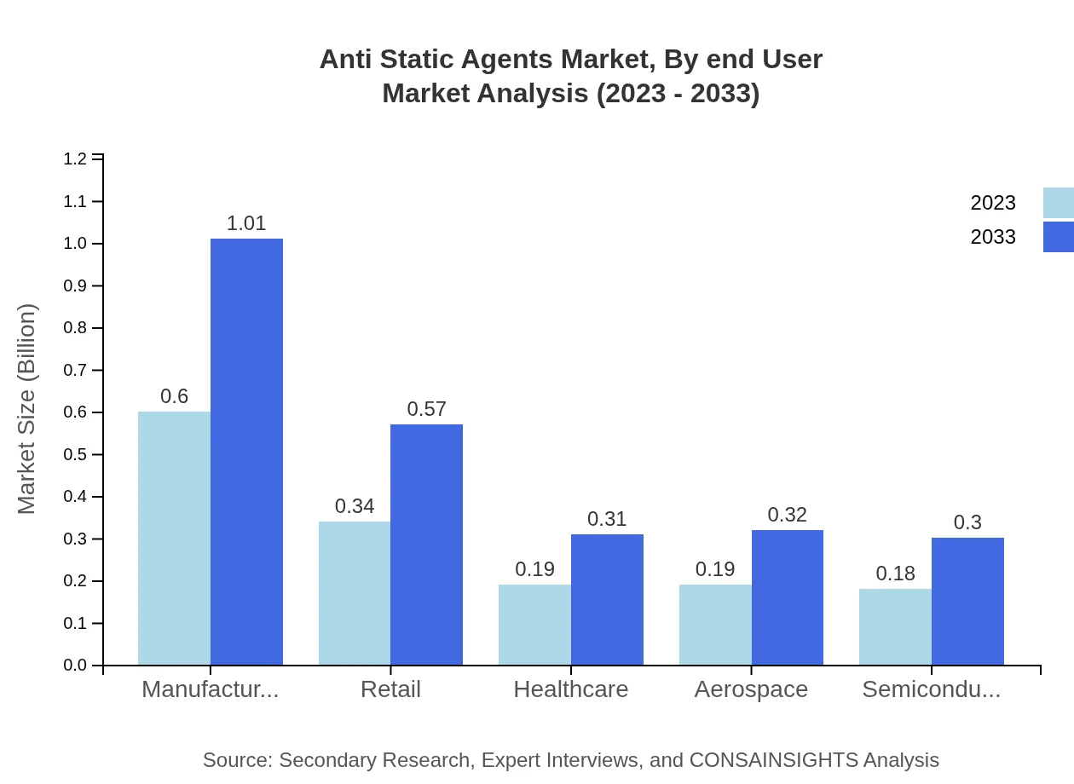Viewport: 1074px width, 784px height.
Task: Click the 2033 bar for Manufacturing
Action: pyautogui.click(x=246, y=452)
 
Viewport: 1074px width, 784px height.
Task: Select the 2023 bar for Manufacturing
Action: pyautogui.click(x=174, y=539)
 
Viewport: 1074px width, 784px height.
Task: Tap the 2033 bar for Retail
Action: pyautogui.click(x=426, y=545)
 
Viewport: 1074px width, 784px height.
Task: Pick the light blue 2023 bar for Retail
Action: pyautogui.click(x=355, y=593)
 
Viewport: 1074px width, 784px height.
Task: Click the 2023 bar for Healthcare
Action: pyautogui.click(x=534, y=625)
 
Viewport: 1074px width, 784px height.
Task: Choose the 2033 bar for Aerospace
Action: pyautogui.click(x=787, y=597)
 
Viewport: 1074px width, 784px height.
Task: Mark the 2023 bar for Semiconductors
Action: pyautogui.click(x=895, y=626)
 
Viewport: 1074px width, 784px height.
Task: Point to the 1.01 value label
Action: pyautogui.click(x=246, y=223)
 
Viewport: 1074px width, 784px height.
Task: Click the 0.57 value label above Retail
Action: pyautogui.click(x=426, y=409)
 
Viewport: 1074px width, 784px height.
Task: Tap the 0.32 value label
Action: pyautogui.click(x=787, y=515)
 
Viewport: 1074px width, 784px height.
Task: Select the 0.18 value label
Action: pyautogui.click(x=895, y=574)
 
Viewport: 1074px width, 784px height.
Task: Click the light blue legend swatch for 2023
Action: pyautogui.click(x=1058, y=203)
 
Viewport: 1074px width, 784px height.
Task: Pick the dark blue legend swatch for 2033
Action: pyautogui.click(x=1058, y=237)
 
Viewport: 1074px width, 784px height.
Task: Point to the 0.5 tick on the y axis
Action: pyautogui.click(x=76, y=454)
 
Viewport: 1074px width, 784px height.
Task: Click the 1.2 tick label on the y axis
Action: pyautogui.click(x=76, y=159)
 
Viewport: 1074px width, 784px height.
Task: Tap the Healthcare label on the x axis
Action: pyautogui.click(x=570, y=689)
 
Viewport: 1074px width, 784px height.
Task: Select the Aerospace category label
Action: pyautogui.click(x=751, y=689)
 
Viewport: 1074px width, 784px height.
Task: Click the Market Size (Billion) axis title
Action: pyautogui.click(x=27, y=409)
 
